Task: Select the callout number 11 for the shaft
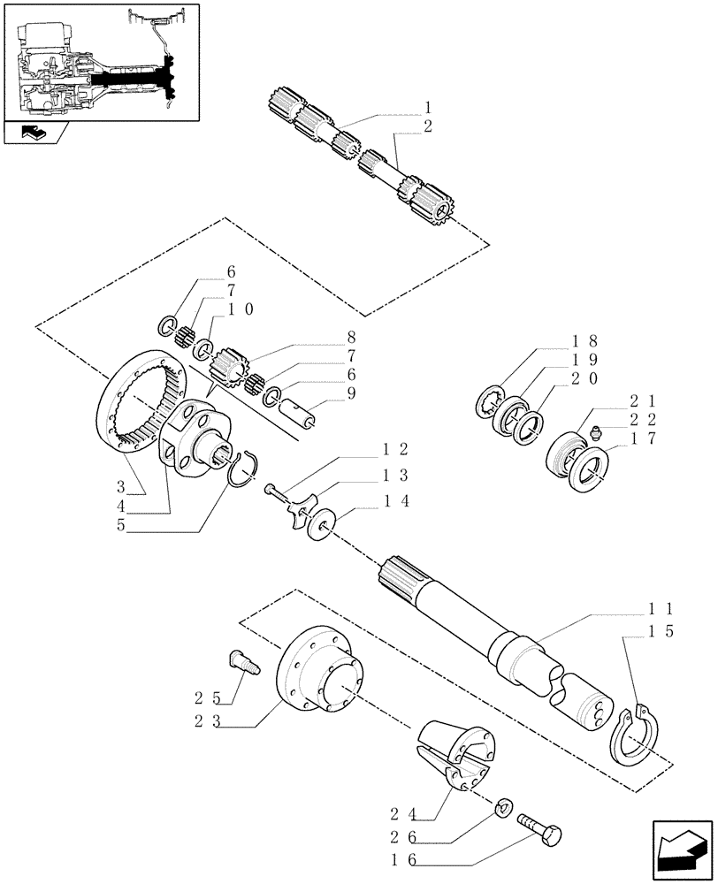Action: [661, 608]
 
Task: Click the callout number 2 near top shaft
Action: [428, 126]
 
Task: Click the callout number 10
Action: [241, 309]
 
